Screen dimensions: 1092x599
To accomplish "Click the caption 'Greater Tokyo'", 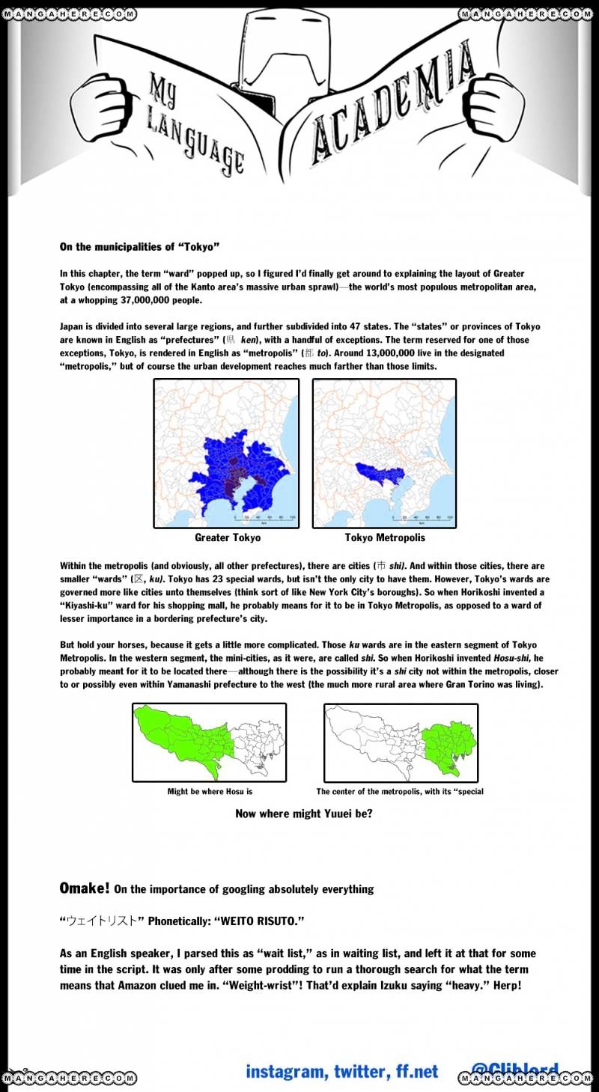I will click(228, 538).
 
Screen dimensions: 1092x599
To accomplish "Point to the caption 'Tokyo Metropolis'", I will click(384, 538).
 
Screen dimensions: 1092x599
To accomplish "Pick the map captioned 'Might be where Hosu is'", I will click(210, 742).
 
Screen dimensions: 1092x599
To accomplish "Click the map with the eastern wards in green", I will click(401, 742).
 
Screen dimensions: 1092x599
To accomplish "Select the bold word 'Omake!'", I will click(85, 888).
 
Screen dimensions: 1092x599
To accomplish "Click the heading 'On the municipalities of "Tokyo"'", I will click(139, 246).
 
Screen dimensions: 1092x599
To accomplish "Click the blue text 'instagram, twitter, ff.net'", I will click(342, 1072).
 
